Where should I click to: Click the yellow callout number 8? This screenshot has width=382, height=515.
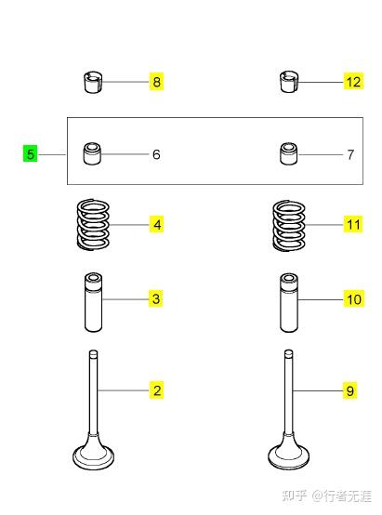[157, 81]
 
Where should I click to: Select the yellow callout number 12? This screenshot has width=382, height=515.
[353, 81]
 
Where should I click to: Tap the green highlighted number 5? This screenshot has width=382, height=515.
[31, 153]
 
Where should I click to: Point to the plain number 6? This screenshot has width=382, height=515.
[156, 154]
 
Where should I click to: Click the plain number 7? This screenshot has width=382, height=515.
[350, 154]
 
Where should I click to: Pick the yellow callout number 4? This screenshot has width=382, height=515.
[157, 225]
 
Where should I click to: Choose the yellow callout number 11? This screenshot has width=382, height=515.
[353, 225]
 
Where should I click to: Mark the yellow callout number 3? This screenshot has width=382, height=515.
[156, 298]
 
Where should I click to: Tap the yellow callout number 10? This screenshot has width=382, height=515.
[354, 299]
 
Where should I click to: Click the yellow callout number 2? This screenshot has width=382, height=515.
[157, 390]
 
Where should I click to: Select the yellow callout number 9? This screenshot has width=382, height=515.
[349, 390]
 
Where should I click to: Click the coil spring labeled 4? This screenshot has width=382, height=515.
[93, 225]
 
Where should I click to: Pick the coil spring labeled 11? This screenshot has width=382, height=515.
[289, 226]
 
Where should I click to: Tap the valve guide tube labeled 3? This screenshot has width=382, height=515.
[93, 301]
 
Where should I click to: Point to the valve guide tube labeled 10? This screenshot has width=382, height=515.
[289, 302]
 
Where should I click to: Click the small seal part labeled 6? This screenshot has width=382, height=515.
[92, 153]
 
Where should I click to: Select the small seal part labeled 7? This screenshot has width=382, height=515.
[289, 153]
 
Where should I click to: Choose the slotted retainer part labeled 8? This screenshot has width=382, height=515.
[92, 82]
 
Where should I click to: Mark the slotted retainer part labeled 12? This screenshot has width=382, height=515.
[289, 82]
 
